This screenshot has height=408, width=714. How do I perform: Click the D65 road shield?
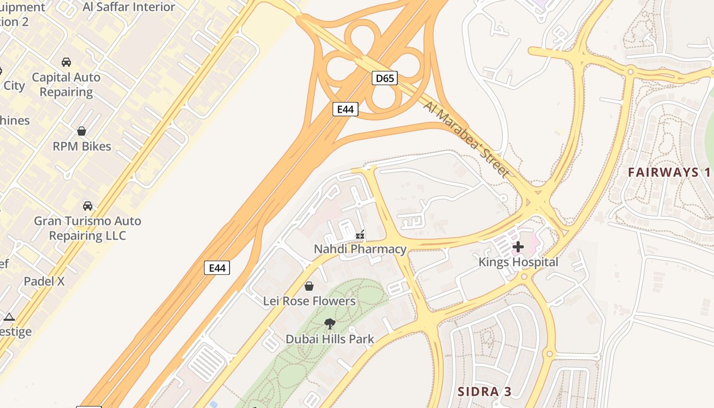click(x=385, y=78)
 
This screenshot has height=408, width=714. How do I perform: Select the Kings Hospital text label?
click(x=518, y=262)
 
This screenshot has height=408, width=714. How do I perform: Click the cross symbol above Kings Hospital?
click(x=518, y=247)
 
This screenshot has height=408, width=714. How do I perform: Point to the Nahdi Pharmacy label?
click(x=360, y=249)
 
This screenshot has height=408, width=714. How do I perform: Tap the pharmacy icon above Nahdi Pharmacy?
click(x=360, y=235)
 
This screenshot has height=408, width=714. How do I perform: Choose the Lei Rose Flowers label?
click(x=309, y=301)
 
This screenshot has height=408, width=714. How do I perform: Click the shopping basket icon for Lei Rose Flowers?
click(x=309, y=286)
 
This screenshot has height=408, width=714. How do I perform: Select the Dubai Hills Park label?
click(x=330, y=339)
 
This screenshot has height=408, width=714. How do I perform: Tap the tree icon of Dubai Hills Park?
click(x=330, y=323)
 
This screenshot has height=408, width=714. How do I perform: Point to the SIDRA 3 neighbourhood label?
click(x=484, y=392)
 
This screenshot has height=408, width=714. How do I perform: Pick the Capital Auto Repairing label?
click(x=66, y=85)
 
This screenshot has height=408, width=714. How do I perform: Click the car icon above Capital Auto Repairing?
click(x=66, y=62)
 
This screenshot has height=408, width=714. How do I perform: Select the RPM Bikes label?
click(x=82, y=146)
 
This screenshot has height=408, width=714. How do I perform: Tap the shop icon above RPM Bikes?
click(x=82, y=131)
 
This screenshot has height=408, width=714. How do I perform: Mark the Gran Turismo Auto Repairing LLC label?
click(x=87, y=228)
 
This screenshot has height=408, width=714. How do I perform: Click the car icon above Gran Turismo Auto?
click(x=88, y=206)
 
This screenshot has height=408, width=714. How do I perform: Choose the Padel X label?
click(x=44, y=281)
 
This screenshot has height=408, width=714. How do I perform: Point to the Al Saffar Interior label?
click(x=129, y=7)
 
